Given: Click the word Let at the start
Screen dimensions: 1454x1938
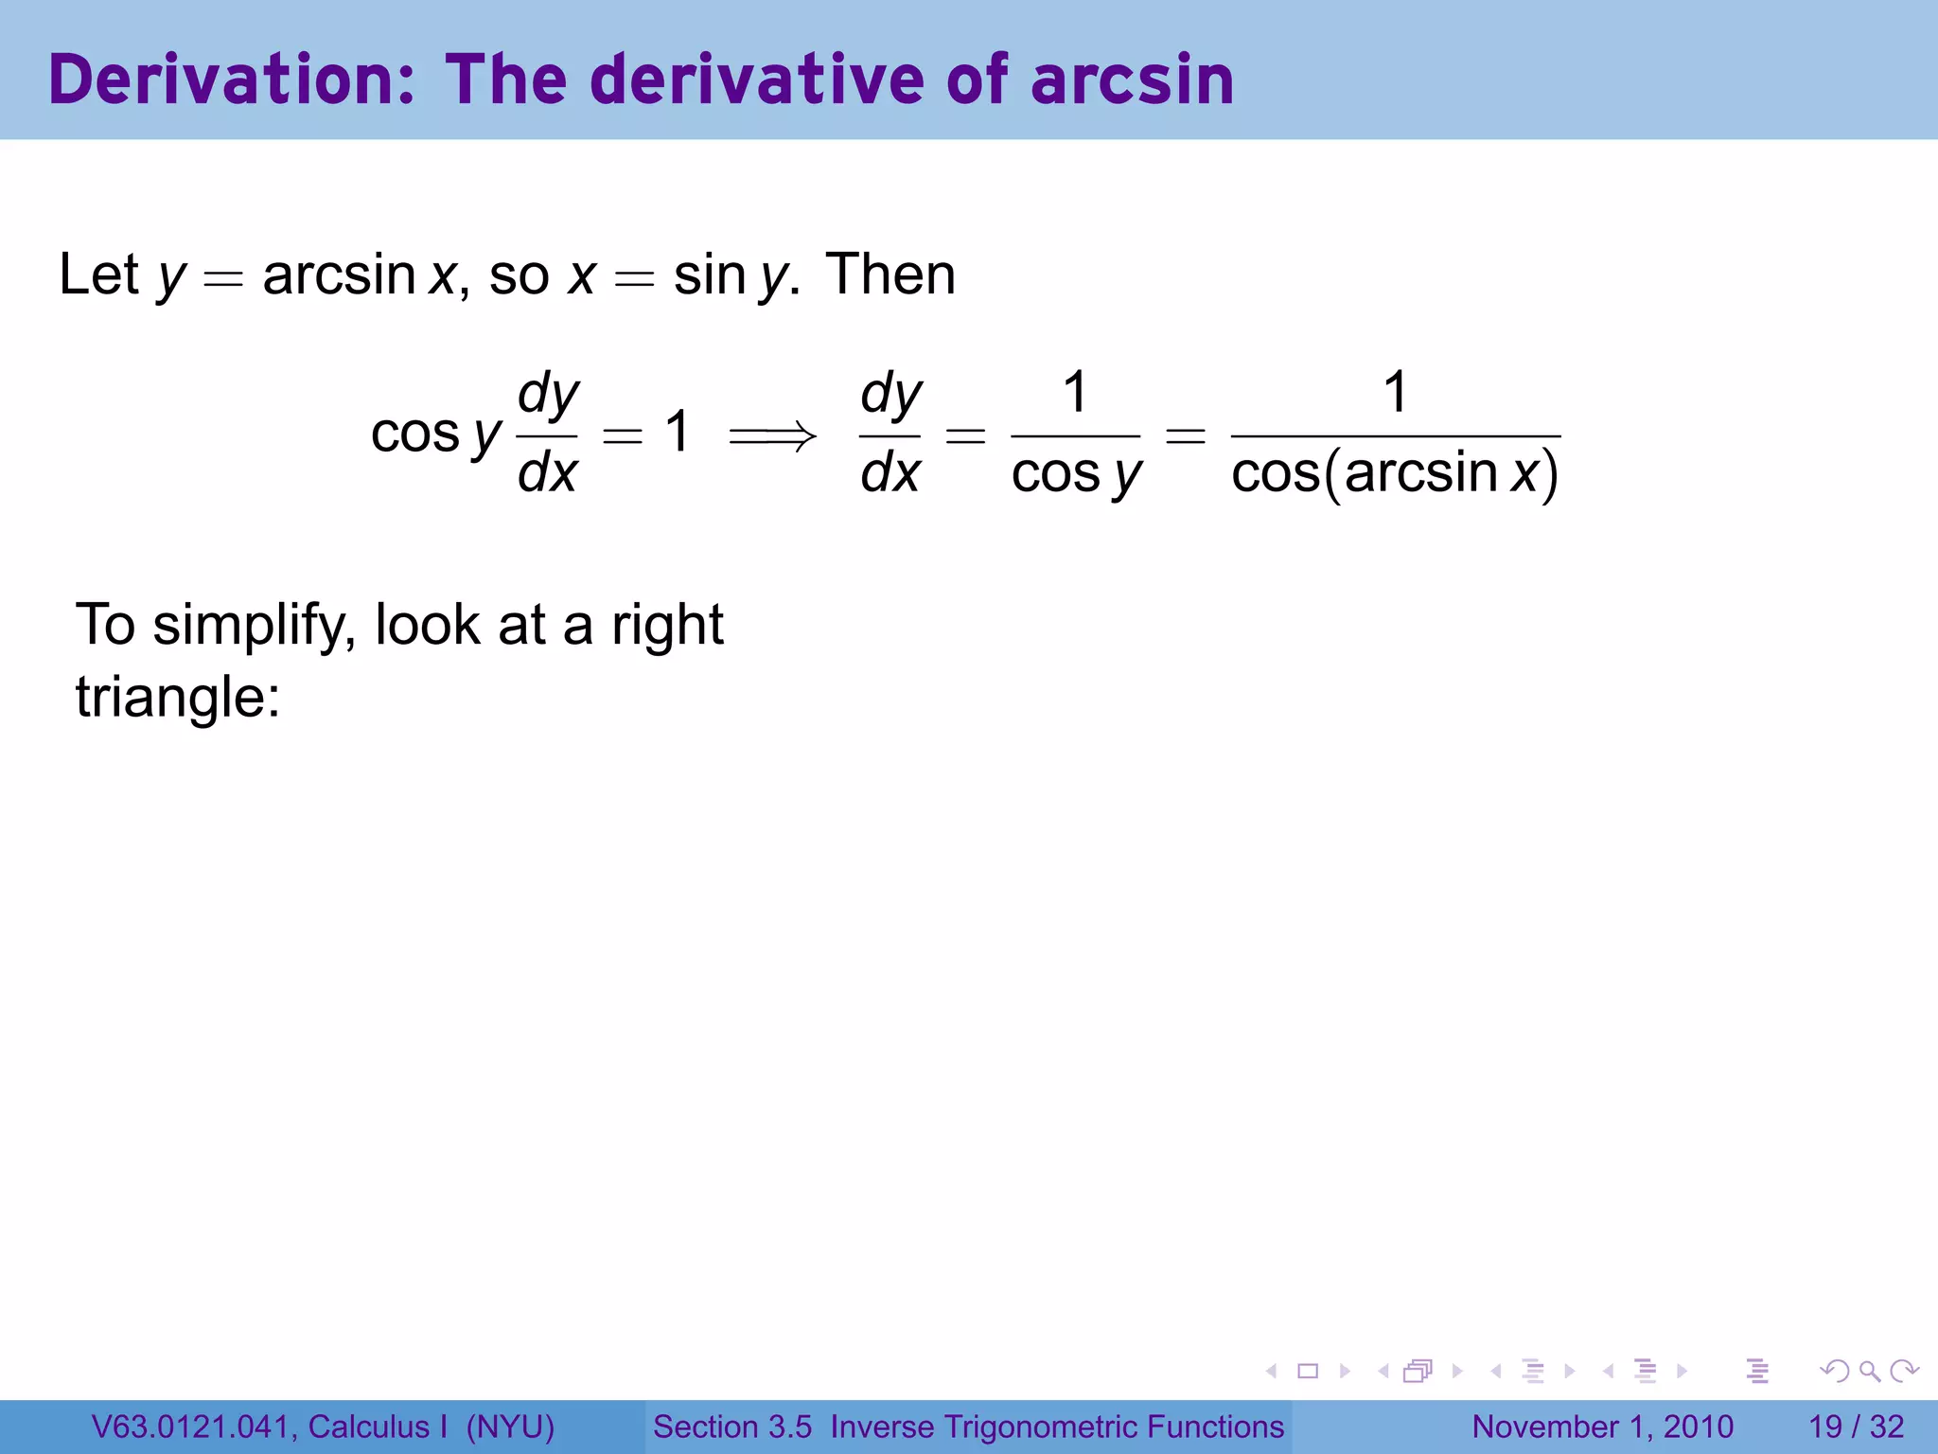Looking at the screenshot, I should (98, 275).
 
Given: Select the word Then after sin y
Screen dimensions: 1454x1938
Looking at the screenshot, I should (890, 275).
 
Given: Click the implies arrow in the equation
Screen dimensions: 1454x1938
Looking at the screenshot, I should (772, 435).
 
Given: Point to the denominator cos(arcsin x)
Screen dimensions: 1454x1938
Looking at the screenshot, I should (1395, 472).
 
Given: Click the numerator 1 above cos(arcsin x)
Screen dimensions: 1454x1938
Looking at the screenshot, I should (1395, 392).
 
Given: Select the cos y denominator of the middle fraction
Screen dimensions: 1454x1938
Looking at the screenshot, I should (1076, 472).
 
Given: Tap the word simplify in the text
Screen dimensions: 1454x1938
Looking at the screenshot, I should (254, 626).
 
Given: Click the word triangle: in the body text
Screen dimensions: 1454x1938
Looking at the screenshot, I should (178, 698).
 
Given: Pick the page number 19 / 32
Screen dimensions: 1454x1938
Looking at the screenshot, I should (1856, 1427).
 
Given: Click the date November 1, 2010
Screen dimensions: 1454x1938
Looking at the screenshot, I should (1602, 1427).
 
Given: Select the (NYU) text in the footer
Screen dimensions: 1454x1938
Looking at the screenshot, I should (510, 1427).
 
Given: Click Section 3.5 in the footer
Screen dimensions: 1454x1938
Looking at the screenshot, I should (731, 1427).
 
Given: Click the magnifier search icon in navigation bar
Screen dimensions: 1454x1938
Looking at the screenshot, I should (1869, 1371).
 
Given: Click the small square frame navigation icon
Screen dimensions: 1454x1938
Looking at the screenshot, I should (1308, 1371).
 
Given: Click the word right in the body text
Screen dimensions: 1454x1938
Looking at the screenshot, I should (667, 626).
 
